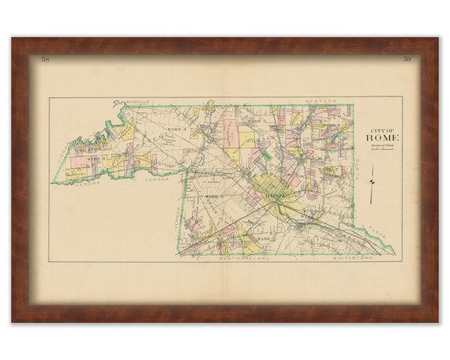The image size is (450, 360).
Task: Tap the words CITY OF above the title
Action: (x=383, y=130)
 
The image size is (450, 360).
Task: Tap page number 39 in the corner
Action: (x=406, y=60)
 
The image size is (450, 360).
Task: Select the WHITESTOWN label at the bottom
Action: (x=355, y=257)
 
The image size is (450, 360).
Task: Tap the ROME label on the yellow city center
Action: (x=274, y=192)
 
